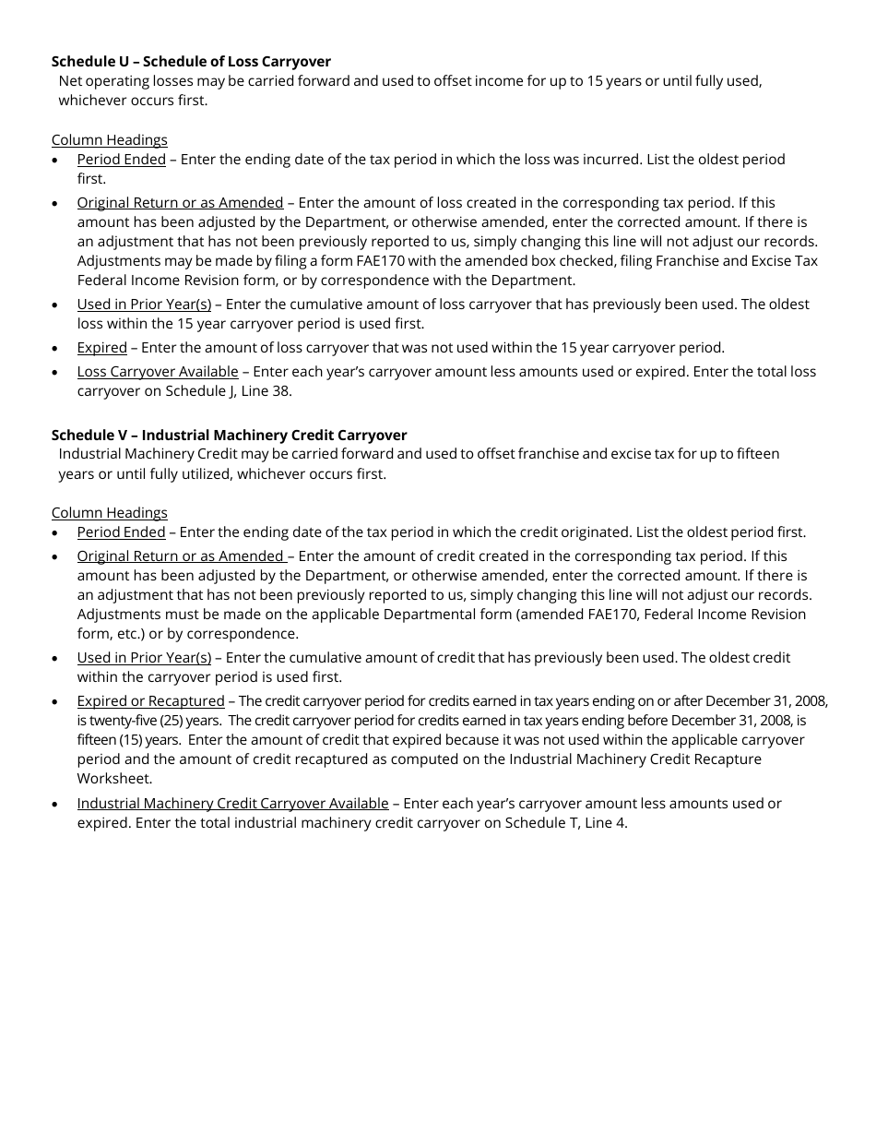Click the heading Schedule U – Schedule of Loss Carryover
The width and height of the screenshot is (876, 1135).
191,62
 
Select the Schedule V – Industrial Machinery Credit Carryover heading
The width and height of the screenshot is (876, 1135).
229,435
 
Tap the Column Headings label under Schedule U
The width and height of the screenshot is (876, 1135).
109,139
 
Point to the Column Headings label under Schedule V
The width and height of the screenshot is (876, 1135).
109,512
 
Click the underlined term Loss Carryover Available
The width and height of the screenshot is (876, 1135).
158,371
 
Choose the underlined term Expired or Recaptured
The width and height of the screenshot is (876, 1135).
150,700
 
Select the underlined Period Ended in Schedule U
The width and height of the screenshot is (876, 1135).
121,159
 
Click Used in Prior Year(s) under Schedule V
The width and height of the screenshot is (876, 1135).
144,657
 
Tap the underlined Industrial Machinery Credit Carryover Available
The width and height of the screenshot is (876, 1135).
232,803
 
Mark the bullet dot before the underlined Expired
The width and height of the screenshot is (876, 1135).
56,348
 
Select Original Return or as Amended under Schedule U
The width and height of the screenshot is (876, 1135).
180,202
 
